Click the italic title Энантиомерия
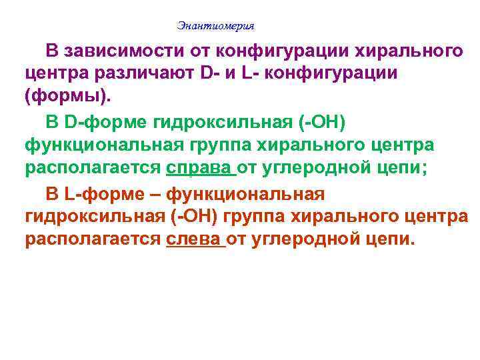coord(216,26)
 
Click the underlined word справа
coord(201,167)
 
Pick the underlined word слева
coord(195,239)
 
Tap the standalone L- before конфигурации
coord(250,73)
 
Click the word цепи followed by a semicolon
coord(398,167)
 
